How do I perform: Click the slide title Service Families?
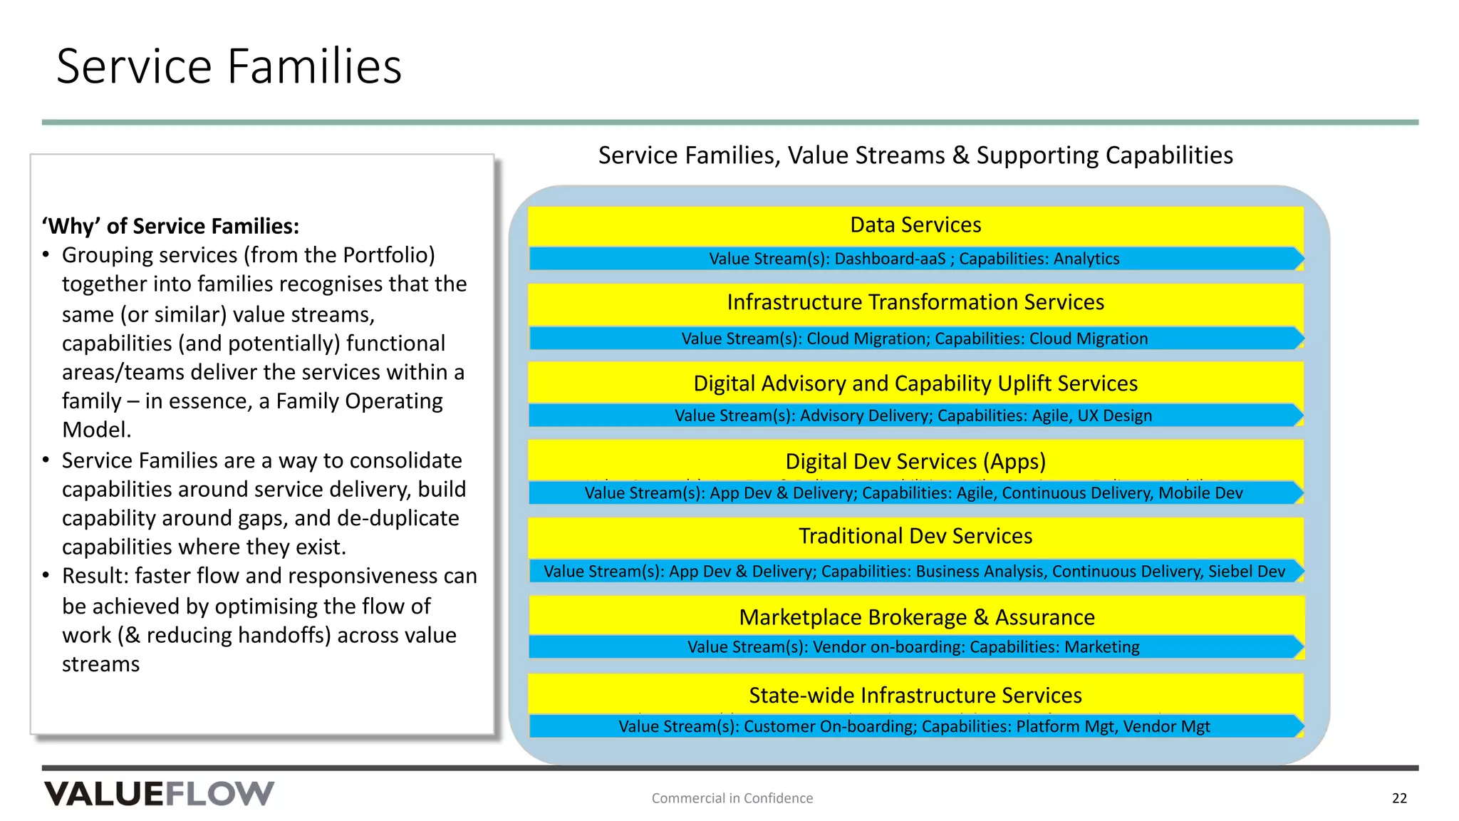[229, 66]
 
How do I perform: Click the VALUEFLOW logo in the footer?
[159, 793]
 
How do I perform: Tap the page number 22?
[1398, 798]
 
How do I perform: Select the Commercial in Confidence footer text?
[732, 798]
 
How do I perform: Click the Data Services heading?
[915, 225]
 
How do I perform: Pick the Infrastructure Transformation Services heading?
[915, 302]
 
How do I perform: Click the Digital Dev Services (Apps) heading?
[915, 462]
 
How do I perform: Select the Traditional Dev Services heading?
[915, 536]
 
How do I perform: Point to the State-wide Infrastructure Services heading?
[915, 696]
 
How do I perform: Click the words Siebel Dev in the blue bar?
[1246, 572]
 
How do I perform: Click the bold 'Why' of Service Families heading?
[170, 227]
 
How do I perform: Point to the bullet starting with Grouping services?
[264, 342]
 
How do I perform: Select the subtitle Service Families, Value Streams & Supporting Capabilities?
[915, 155]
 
